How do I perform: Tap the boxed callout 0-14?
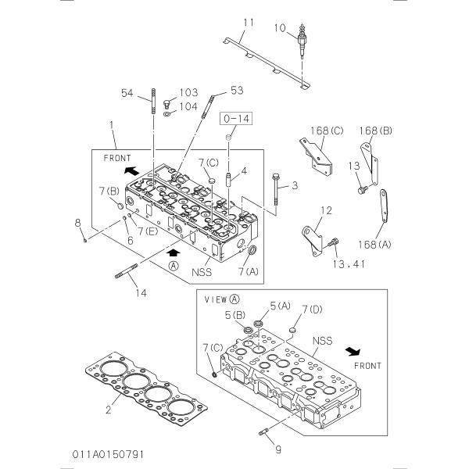tap(236, 119)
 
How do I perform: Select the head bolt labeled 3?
tap(276, 188)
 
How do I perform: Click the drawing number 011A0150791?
tap(108, 454)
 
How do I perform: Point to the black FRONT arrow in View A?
tap(353, 351)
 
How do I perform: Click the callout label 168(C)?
tap(327, 131)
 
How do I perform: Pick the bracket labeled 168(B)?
tap(370, 163)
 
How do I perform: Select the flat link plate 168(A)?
tap(384, 206)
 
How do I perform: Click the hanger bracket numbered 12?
tap(312, 242)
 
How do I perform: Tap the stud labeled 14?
tap(126, 270)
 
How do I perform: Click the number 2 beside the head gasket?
tap(109, 409)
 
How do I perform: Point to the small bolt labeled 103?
tap(167, 104)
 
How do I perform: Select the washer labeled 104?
tap(167, 113)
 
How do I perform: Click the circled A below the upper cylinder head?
tap(174, 266)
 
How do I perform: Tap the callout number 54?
tap(127, 93)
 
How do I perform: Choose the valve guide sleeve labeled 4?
tap(229, 180)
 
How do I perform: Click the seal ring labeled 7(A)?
tap(252, 250)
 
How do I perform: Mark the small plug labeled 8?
tap(85, 240)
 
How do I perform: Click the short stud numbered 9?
tap(263, 432)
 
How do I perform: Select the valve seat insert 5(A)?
tap(258, 324)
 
